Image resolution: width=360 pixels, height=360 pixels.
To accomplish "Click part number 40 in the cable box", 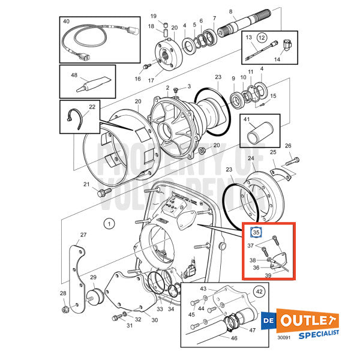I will pos(66,21).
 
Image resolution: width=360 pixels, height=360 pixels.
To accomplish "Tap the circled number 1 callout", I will pos(109,224).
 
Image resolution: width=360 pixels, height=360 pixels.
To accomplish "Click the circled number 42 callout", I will pos(259,292).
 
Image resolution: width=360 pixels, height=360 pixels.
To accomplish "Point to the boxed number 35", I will pos(256,232).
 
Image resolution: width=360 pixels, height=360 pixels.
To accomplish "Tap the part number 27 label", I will pos(83,235).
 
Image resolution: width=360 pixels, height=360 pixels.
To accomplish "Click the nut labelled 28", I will pos(65,310).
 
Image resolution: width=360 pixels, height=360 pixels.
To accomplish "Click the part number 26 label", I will pos(288,146).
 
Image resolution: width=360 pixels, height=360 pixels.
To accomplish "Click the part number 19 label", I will pos(153,16).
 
